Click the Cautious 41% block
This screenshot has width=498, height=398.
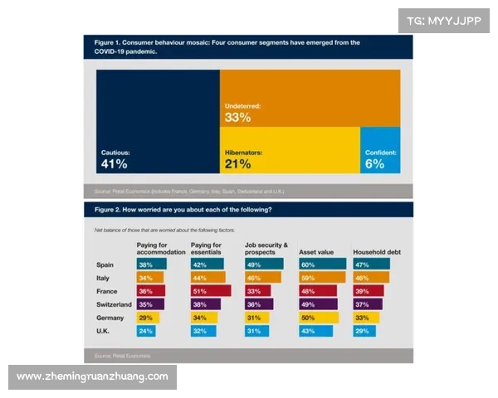(x=158, y=124)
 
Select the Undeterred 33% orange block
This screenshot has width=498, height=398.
(x=310, y=98)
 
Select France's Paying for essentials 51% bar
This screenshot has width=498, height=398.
(x=211, y=291)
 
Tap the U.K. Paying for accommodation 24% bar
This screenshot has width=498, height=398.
(x=148, y=331)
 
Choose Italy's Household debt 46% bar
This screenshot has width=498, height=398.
(x=370, y=278)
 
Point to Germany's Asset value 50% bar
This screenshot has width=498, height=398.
(x=319, y=318)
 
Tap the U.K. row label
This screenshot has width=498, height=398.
(x=104, y=331)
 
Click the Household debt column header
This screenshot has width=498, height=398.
(x=378, y=250)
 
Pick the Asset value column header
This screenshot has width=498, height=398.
(x=317, y=250)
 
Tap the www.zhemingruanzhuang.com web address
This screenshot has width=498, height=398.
(x=92, y=376)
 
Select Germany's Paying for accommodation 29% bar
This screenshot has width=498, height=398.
(x=149, y=318)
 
